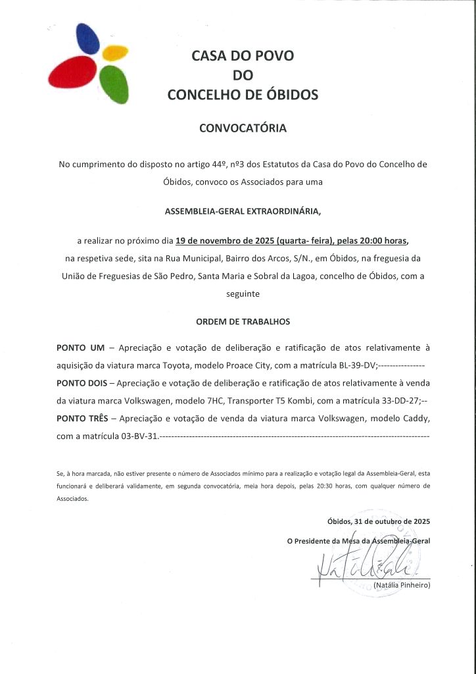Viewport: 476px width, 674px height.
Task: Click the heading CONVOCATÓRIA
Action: coord(243,128)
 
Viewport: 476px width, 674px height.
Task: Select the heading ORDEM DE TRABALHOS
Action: coord(243,322)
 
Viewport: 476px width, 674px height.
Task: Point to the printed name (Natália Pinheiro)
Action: coord(401,584)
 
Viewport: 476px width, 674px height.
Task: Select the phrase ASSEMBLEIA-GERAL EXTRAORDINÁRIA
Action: coord(243,211)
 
